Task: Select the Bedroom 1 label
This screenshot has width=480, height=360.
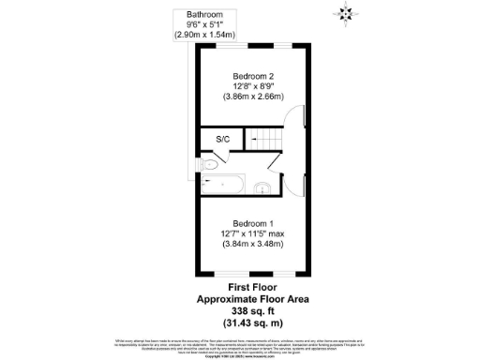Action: click(251, 223)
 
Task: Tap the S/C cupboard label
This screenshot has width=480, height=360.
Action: click(223, 140)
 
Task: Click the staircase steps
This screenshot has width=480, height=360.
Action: click(267, 140)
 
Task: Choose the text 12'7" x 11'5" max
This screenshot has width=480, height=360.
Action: click(251, 233)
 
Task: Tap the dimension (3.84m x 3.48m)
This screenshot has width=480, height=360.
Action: click(251, 245)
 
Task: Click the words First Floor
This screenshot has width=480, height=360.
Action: click(251, 287)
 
